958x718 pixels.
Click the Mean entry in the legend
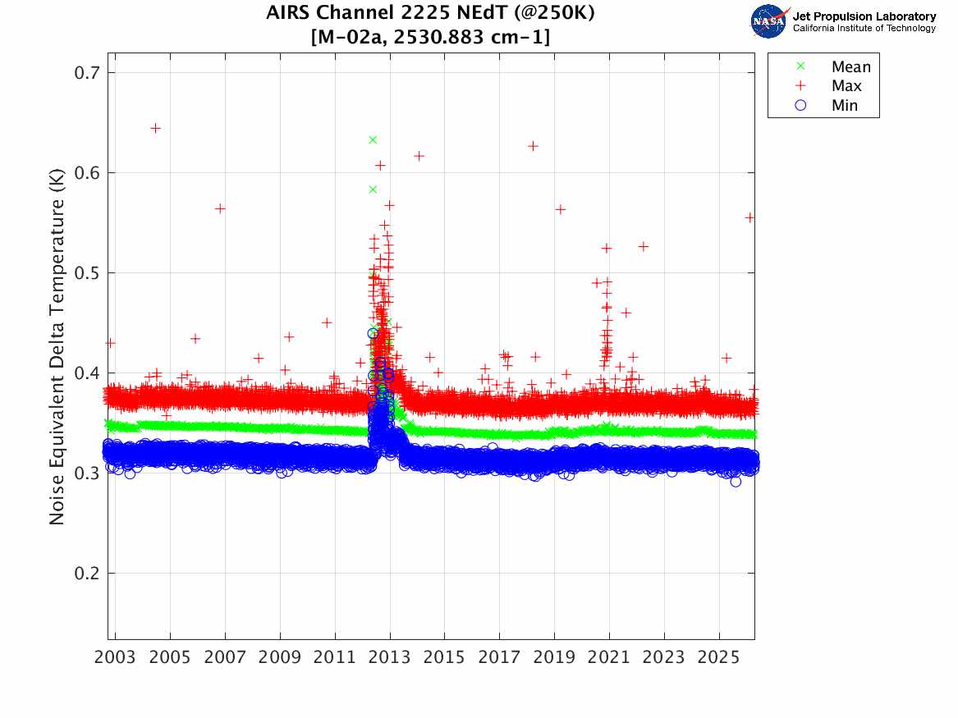tap(850, 67)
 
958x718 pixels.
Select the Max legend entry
tap(846, 86)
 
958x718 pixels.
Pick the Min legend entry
tap(844, 105)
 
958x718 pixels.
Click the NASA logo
tap(769, 21)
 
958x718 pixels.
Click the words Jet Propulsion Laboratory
tap(864, 16)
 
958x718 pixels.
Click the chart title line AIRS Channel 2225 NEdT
tap(431, 14)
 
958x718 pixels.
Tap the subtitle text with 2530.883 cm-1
tap(431, 38)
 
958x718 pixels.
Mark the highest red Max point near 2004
tap(155, 128)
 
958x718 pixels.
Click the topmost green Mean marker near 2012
tap(373, 139)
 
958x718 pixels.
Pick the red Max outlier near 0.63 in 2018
tap(533, 146)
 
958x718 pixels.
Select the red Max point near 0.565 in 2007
tap(220, 208)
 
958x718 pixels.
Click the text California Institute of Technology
tap(864, 29)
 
